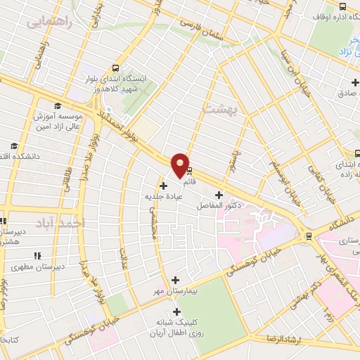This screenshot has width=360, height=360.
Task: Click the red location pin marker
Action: coord(181,165)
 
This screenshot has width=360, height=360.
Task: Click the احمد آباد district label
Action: coord(72,222)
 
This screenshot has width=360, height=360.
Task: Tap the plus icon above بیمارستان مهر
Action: coord(175,279)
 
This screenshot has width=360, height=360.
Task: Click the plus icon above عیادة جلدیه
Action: coord(164,186)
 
